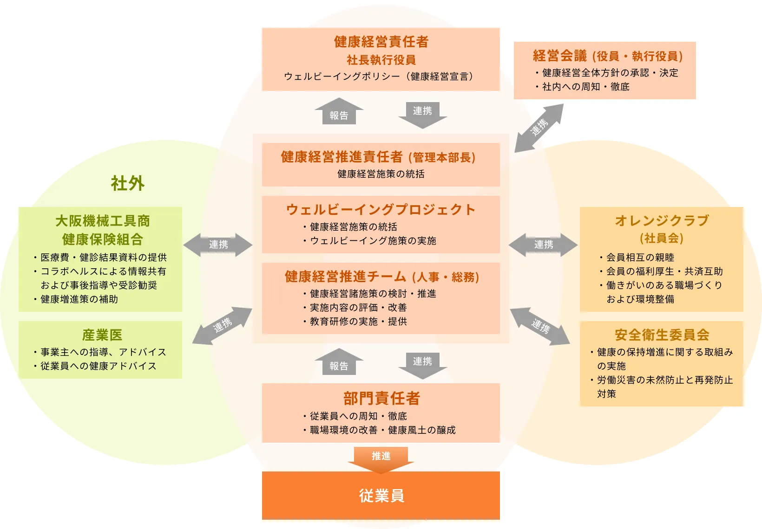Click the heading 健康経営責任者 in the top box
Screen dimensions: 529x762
click(x=381, y=42)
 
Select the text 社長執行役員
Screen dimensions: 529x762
click(x=381, y=60)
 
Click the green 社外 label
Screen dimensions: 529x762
click(x=127, y=183)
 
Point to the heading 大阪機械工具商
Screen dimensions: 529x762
click(x=102, y=221)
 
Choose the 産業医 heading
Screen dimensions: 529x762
click(x=102, y=335)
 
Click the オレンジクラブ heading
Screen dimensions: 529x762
click(x=662, y=220)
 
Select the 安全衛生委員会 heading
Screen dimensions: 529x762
click(x=662, y=335)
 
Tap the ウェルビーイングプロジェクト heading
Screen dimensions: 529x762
click(x=381, y=210)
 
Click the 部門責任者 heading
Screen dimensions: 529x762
click(x=381, y=398)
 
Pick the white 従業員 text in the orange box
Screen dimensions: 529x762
click(x=381, y=496)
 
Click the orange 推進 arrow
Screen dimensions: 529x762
click(x=381, y=458)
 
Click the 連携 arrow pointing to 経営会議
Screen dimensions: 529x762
click(x=539, y=128)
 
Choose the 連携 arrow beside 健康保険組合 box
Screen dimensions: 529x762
click(x=218, y=245)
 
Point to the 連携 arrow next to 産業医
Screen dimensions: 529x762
click(x=222, y=325)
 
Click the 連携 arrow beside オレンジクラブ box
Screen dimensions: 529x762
click(x=543, y=245)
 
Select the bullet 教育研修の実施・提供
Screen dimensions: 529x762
click(x=358, y=322)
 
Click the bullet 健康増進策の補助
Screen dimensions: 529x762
click(x=79, y=299)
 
